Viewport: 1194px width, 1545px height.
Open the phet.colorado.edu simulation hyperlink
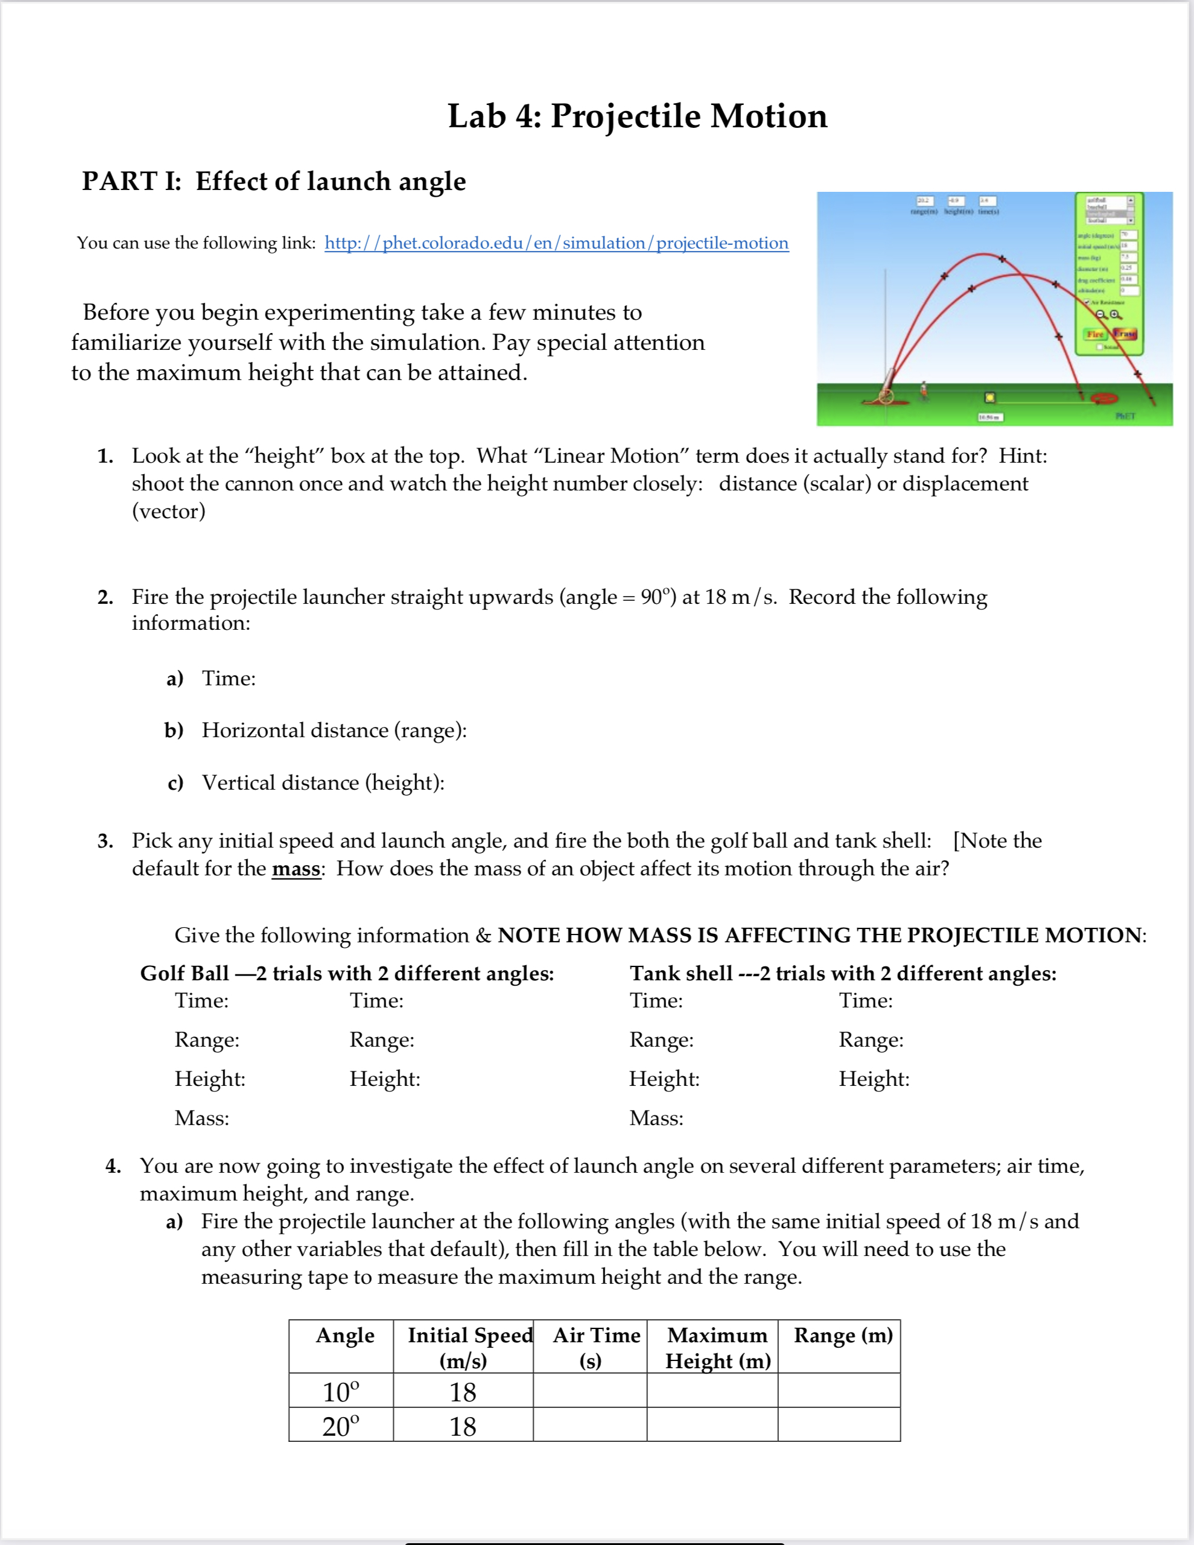[x=556, y=243]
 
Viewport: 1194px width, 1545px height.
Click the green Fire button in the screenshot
[x=1094, y=334]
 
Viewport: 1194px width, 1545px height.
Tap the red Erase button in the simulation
[x=1124, y=333]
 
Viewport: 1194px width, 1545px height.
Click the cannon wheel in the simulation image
[x=886, y=396]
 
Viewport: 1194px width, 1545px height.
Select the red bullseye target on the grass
[x=1103, y=398]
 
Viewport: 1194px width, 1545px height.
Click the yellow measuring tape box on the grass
[x=990, y=398]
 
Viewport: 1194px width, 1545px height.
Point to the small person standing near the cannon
[x=923, y=390]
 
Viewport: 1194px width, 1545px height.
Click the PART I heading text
[x=274, y=182]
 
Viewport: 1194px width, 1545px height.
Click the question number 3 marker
[x=106, y=841]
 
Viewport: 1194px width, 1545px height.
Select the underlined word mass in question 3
[x=296, y=869]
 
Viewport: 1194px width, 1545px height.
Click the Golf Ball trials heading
[x=346, y=974]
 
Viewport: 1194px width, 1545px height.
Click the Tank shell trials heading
[x=842, y=974]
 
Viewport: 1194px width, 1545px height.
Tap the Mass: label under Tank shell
[x=656, y=1118]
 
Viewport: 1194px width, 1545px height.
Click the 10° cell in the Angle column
[x=341, y=1392]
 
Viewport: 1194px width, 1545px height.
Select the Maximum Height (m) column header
[x=717, y=1348]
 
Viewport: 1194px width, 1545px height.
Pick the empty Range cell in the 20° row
[x=838, y=1425]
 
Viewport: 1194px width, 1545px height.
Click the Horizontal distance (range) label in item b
[x=334, y=730]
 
